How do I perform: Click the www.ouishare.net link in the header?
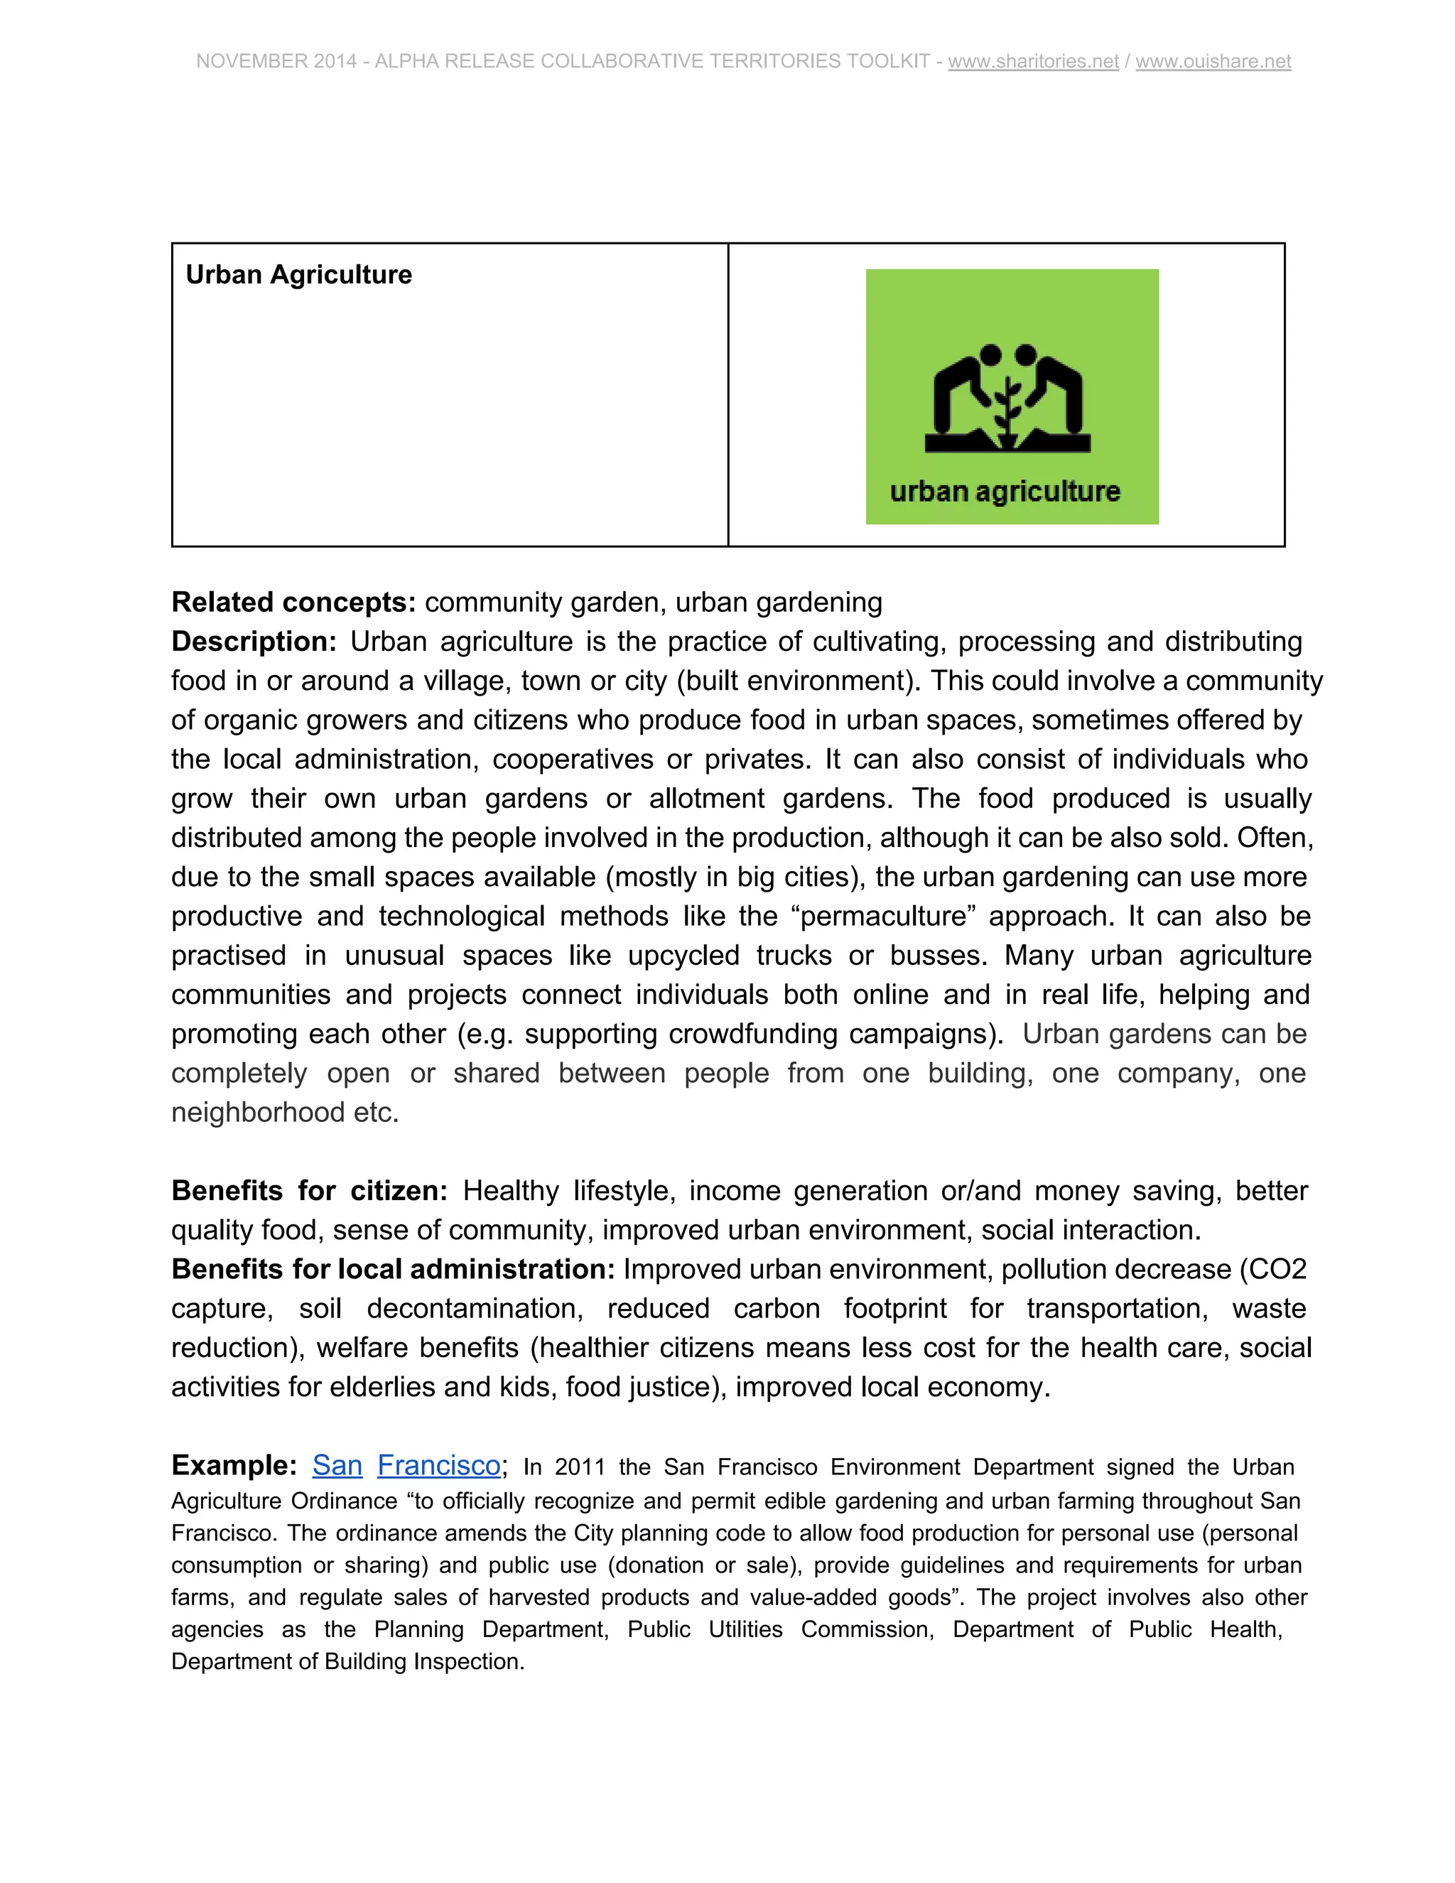tap(1213, 61)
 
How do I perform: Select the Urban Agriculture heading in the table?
tap(298, 274)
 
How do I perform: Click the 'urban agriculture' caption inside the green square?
tap(1005, 492)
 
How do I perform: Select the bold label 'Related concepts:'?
tap(294, 602)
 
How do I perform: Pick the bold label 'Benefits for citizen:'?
tap(310, 1191)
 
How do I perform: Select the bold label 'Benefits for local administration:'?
tap(393, 1269)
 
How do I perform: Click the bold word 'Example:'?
tap(234, 1465)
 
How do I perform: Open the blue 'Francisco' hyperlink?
tap(439, 1465)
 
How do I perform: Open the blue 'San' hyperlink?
tap(337, 1465)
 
